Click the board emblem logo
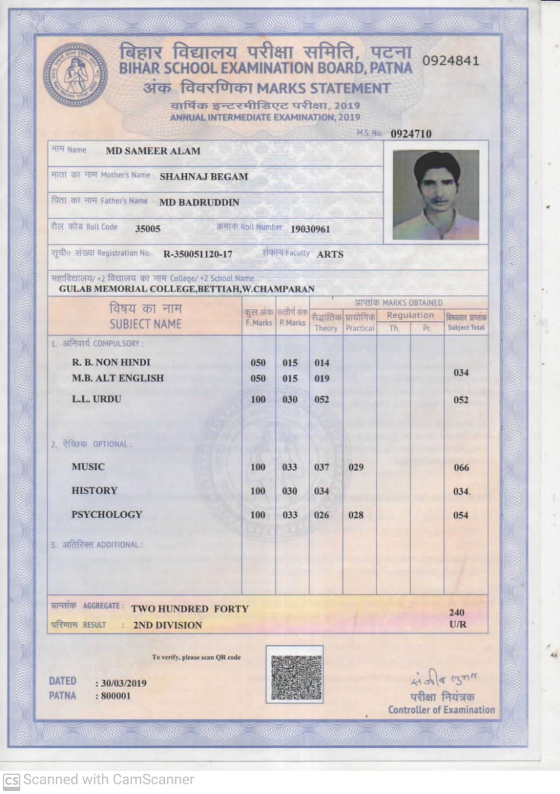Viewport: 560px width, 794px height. [75, 74]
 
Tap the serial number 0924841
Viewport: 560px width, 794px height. [450, 60]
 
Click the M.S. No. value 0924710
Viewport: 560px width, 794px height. [411, 133]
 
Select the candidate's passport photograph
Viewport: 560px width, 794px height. [436, 195]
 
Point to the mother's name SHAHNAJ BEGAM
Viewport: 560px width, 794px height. [203, 176]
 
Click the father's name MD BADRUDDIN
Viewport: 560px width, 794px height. [199, 202]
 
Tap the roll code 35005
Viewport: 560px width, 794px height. [148, 228]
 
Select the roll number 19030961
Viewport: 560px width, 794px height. [310, 229]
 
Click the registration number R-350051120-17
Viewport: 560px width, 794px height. [198, 254]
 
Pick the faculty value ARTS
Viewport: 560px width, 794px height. [330, 254]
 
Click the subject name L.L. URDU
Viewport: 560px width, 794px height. [97, 399]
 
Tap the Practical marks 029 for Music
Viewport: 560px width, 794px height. [356, 467]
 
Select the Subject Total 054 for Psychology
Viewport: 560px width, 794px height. [461, 515]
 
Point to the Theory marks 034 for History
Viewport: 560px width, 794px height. [321, 491]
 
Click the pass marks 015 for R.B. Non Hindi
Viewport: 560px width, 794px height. [290, 363]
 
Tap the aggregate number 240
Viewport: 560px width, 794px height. [456, 612]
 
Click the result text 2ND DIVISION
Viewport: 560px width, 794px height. [167, 625]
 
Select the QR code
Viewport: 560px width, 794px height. [295, 674]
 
